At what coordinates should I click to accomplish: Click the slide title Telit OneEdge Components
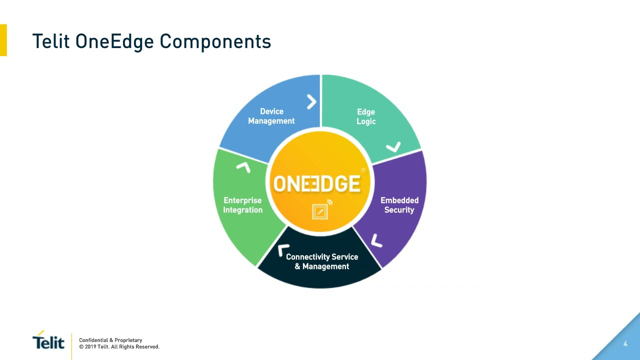pyautogui.click(x=151, y=41)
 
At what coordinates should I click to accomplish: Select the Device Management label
pyautogui.click(x=271, y=116)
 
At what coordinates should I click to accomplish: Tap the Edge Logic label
pyautogui.click(x=366, y=116)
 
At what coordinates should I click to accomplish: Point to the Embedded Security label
pyautogui.click(x=399, y=205)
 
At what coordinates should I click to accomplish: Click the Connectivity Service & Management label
pyautogui.click(x=322, y=261)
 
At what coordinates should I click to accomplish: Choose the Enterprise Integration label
pyautogui.click(x=242, y=205)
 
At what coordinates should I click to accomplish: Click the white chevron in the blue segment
pyautogui.click(x=311, y=102)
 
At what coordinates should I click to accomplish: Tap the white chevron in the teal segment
pyautogui.click(x=394, y=147)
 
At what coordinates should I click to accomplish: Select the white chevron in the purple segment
pyautogui.click(x=376, y=241)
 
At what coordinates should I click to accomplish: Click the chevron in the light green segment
pyautogui.click(x=243, y=167)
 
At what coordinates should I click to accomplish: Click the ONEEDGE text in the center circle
pyautogui.click(x=316, y=183)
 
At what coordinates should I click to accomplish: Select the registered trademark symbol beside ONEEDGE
pyautogui.click(x=363, y=170)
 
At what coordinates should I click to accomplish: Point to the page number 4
pyautogui.click(x=625, y=343)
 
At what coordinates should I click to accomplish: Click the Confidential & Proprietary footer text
pyautogui.click(x=110, y=340)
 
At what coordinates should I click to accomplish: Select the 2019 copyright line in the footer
pyautogui.click(x=119, y=347)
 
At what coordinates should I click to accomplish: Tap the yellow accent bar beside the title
pyautogui.click(x=3, y=40)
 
